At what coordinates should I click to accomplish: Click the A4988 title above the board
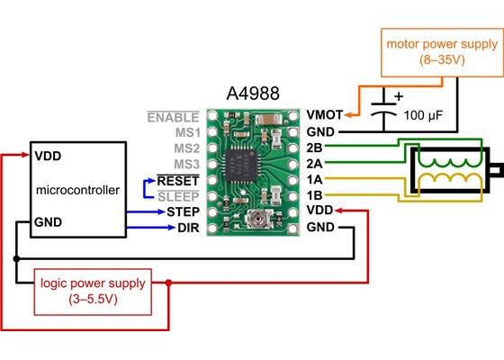click(x=252, y=94)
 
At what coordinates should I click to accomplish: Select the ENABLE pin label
click(x=174, y=117)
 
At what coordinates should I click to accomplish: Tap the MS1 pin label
click(x=187, y=132)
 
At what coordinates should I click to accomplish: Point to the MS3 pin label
click(x=187, y=164)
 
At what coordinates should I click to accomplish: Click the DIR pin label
click(x=188, y=228)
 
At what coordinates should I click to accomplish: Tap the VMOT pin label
click(x=325, y=115)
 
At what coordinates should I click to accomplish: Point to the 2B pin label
click(x=315, y=148)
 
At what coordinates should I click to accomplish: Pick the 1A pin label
click(x=315, y=179)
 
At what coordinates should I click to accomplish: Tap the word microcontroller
click(x=77, y=190)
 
